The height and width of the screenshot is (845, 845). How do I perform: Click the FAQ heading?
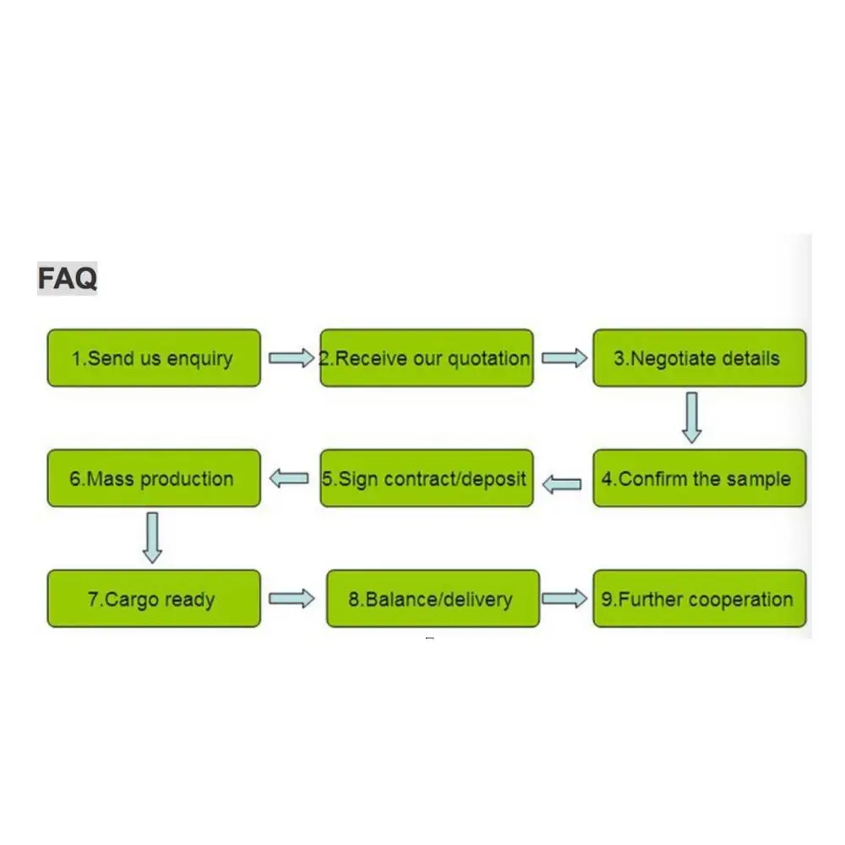click(67, 278)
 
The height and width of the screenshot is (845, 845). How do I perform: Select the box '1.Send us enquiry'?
click(153, 358)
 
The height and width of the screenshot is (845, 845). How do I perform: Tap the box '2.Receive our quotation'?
click(426, 358)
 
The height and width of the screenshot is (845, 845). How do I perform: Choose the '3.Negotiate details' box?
click(699, 358)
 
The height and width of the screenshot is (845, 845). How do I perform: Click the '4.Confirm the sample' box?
click(699, 479)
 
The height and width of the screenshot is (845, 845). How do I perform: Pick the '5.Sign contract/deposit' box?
click(426, 479)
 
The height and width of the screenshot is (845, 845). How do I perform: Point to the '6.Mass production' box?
click(153, 479)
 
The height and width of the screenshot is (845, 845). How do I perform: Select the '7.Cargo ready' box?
click(153, 599)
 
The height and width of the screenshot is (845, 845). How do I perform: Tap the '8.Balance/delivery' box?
click(432, 599)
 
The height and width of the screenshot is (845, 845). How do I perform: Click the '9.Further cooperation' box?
click(699, 599)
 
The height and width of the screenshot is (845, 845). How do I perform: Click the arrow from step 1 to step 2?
click(291, 358)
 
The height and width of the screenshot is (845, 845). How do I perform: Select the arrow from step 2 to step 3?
click(564, 358)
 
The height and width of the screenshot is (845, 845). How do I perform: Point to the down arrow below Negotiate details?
click(692, 417)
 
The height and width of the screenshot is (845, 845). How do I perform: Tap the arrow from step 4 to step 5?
click(562, 484)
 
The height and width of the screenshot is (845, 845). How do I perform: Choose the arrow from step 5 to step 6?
click(289, 479)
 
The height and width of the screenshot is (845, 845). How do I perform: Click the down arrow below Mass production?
click(152, 537)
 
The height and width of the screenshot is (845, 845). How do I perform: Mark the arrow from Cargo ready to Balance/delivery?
click(291, 599)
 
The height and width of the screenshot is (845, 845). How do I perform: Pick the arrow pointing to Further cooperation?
click(564, 599)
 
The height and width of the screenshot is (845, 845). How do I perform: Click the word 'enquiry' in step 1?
click(199, 359)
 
